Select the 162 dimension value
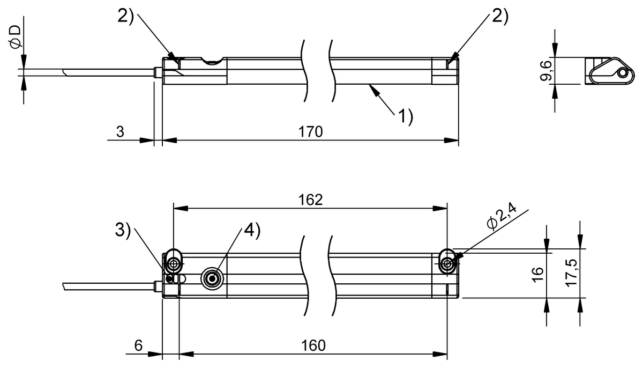tap(310, 200)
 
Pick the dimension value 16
tap(538, 273)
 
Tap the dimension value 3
tap(121, 131)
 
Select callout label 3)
tap(123, 230)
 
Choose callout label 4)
tap(252, 230)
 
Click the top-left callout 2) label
tap(125, 16)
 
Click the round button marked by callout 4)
tap(211, 278)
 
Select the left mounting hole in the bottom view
tap(173, 264)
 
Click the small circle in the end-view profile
tap(621, 73)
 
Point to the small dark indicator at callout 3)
tap(169, 278)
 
